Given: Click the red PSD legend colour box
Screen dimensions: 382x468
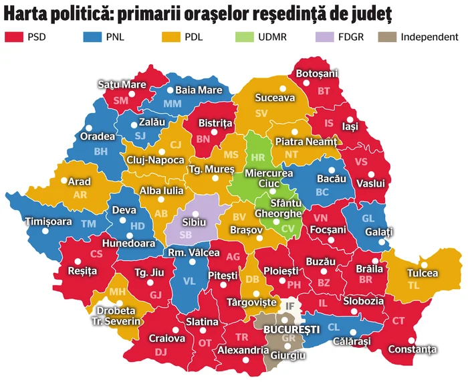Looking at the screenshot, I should [x=14, y=37].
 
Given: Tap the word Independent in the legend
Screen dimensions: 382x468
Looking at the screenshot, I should [x=429, y=37].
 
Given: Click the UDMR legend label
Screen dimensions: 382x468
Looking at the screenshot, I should [x=274, y=37].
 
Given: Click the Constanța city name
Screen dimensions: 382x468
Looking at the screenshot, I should [x=415, y=349].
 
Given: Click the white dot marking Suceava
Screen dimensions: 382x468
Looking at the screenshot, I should [x=282, y=88].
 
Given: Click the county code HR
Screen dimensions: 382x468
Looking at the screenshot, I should [x=259, y=158].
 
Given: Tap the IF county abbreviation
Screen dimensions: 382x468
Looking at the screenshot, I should [x=290, y=306].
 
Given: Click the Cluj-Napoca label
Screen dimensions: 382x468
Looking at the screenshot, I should [x=154, y=161].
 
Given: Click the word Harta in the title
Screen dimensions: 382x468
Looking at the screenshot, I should [x=28, y=13].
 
